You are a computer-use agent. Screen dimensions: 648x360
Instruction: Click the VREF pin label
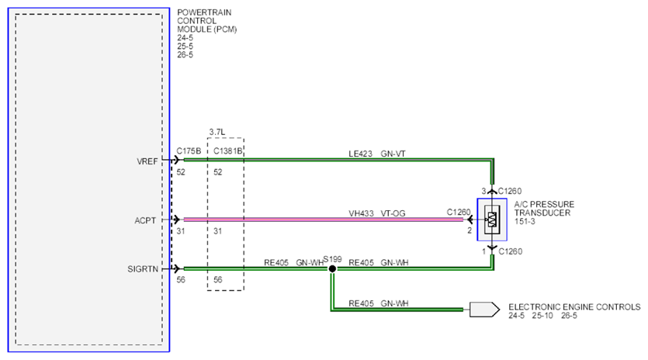click(147, 161)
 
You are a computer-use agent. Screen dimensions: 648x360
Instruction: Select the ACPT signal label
click(145, 220)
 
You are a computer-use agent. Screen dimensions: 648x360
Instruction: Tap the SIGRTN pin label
click(143, 269)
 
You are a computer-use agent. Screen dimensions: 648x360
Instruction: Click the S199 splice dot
click(332, 268)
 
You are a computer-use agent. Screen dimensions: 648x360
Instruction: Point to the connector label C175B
click(189, 151)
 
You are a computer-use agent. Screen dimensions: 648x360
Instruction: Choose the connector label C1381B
click(227, 151)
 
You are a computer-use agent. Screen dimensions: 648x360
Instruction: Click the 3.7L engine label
click(217, 132)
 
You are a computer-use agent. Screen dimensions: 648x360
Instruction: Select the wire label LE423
click(360, 154)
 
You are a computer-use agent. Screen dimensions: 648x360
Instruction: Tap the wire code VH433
click(361, 213)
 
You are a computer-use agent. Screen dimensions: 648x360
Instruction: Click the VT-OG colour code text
click(393, 213)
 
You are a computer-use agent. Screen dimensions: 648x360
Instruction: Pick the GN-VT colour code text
click(393, 154)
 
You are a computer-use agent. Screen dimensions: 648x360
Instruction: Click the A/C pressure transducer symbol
click(492, 220)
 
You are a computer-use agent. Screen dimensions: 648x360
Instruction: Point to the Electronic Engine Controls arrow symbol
click(484, 310)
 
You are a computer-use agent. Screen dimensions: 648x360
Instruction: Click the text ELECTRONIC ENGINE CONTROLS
click(574, 307)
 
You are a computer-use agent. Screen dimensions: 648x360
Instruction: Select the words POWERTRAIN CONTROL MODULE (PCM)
click(206, 21)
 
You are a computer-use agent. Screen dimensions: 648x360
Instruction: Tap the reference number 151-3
click(525, 222)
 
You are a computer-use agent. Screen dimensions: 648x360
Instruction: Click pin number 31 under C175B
click(181, 231)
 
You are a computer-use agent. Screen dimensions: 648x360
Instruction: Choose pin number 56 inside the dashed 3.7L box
click(218, 280)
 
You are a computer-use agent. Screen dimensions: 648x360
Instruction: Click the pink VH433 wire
click(323, 220)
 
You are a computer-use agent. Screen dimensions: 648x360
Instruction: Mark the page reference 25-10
click(542, 316)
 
